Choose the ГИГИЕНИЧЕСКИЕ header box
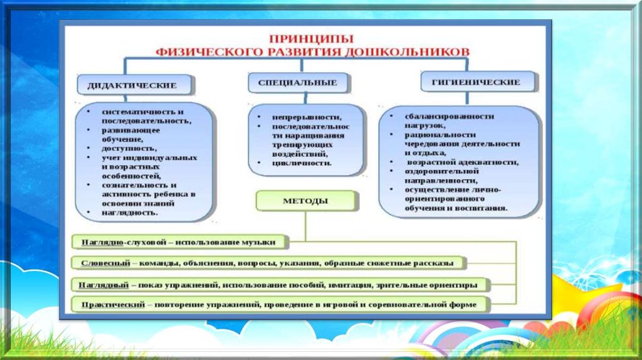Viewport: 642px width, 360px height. pos(478,82)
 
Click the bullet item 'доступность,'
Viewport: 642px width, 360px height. pos(130,149)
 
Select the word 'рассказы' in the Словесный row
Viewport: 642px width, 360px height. pos(433,263)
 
